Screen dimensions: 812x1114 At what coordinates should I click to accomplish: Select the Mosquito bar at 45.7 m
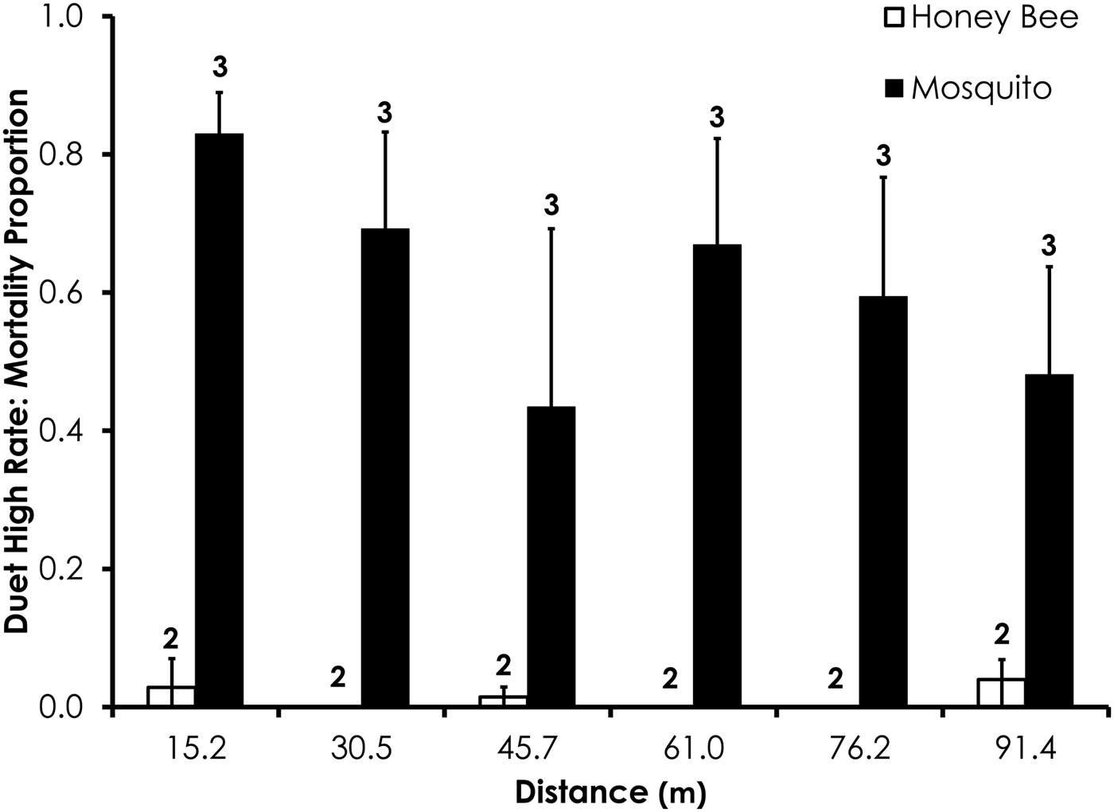point(551,556)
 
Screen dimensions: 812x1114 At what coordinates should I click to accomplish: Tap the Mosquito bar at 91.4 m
point(1049,541)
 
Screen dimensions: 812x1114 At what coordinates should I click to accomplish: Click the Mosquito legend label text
point(981,88)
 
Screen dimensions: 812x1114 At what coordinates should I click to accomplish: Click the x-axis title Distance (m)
point(610,792)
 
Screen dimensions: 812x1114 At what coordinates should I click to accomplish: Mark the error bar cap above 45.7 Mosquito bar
point(551,228)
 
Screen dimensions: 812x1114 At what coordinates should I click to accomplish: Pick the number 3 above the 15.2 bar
point(220,68)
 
